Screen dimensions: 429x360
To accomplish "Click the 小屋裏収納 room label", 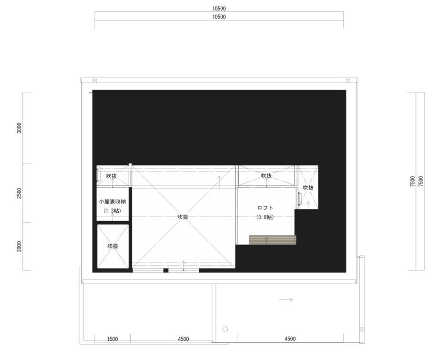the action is click(x=112, y=202).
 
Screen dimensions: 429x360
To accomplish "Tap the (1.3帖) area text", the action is click(x=112, y=211).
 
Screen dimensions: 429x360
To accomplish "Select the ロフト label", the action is click(x=265, y=208).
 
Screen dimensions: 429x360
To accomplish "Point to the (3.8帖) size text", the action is click(x=265, y=217).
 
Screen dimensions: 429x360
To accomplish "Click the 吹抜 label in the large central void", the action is click(x=183, y=217).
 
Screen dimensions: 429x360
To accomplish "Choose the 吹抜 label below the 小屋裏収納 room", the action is click(x=112, y=246).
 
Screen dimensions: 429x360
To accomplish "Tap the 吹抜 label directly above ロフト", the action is click(x=266, y=176).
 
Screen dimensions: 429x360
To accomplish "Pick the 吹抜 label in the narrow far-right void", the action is click(x=308, y=188).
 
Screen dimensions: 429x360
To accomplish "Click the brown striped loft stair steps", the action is click(x=273, y=240).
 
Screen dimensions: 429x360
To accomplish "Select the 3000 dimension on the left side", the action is click(x=19, y=128).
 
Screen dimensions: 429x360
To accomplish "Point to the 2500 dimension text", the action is click(x=19, y=193).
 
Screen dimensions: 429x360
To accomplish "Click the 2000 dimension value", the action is click(x=19, y=246).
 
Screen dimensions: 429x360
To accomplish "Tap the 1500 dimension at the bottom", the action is click(x=112, y=339).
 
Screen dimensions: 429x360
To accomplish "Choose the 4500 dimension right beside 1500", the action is click(x=184, y=339).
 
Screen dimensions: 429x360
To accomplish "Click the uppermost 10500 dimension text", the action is click(x=219, y=9).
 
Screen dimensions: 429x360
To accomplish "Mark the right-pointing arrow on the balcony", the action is click(x=286, y=300).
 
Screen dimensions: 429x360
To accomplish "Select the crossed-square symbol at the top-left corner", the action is click(x=95, y=80).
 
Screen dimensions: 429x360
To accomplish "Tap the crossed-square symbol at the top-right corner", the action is click(x=348, y=80).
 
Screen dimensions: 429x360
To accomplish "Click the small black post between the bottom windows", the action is click(x=166, y=270).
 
